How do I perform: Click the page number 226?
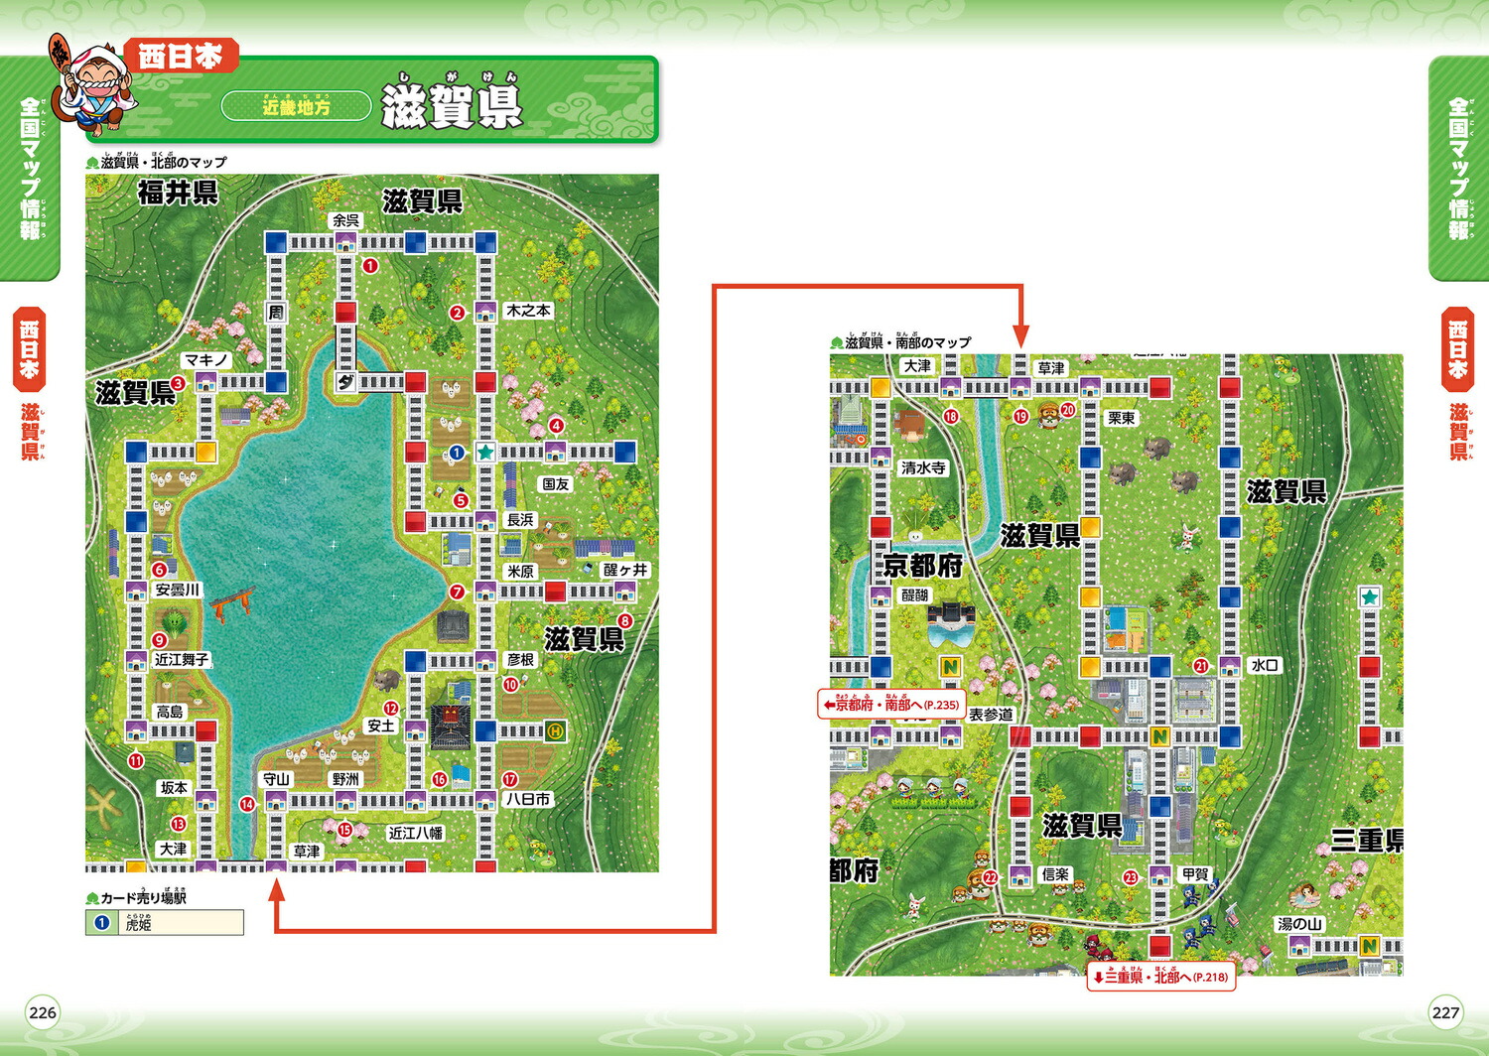point(43,1012)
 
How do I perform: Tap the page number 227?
point(1445,1012)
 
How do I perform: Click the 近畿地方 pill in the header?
point(296,106)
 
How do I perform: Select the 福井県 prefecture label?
point(178,193)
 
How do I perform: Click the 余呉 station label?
point(345,220)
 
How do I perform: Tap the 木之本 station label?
point(528,311)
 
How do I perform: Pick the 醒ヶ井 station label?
point(625,570)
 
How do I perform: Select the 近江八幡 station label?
point(416,833)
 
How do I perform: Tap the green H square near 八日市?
point(555,731)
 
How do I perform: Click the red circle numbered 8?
point(624,621)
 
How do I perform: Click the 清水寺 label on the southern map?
point(923,467)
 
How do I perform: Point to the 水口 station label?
point(1265,665)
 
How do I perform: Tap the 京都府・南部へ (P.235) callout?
point(890,705)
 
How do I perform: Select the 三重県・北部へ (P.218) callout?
point(1160,977)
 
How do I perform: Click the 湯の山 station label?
point(1299,924)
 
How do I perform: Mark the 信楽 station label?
point(1055,874)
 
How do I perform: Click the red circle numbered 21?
point(1200,666)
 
